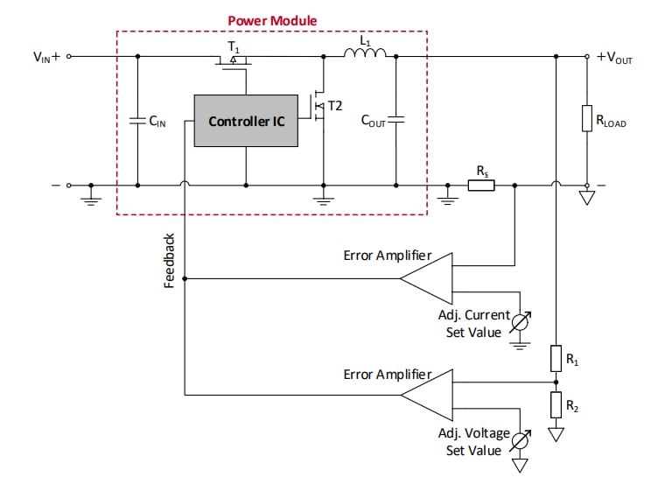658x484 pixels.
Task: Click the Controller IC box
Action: [246, 121]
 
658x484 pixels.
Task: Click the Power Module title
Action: [272, 20]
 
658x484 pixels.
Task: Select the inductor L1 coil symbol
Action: [365, 56]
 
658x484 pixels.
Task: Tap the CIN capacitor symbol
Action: [137, 122]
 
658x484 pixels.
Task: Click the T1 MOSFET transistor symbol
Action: [234, 61]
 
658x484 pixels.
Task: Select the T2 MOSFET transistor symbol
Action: [319, 107]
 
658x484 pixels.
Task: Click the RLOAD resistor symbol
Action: [587, 119]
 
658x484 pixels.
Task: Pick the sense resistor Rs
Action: [481, 186]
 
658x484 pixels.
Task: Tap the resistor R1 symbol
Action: [556, 359]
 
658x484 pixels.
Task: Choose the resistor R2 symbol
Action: [556, 405]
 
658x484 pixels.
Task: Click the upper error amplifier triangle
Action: [427, 278]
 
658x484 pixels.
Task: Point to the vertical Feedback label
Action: [171, 260]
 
